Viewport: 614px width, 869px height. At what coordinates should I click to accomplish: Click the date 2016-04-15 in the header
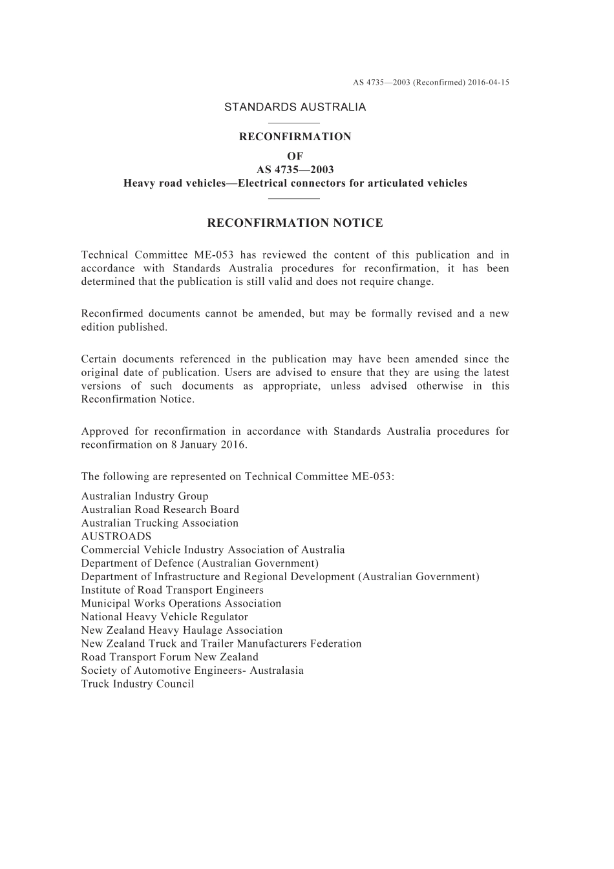[489, 83]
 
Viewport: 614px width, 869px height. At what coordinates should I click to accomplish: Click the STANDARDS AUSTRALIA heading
[295, 107]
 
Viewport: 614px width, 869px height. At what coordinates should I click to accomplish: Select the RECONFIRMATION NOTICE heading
[295, 224]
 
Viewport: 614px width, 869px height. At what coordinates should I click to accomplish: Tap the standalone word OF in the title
[295, 156]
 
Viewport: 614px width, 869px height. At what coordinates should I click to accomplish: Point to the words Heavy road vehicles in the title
[173, 183]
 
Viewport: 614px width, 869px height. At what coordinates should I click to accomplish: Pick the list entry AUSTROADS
[116, 536]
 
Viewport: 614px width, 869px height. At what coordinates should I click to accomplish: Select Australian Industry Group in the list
[145, 496]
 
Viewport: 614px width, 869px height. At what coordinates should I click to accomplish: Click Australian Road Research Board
[160, 510]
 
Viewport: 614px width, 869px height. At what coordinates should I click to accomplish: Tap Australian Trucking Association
[160, 523]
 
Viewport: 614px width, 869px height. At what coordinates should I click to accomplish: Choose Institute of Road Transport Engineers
[172, 590]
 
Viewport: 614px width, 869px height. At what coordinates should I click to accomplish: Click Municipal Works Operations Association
[181, 603]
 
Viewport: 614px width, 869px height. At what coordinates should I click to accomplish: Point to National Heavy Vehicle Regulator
[164, 617]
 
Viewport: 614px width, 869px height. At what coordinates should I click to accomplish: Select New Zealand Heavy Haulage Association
[182, 631]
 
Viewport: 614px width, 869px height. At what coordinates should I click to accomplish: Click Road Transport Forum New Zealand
[169, 657]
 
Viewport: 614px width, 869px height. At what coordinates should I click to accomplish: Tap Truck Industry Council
[138, 684]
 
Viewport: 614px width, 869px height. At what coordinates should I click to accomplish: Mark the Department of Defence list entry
[200, 563]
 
